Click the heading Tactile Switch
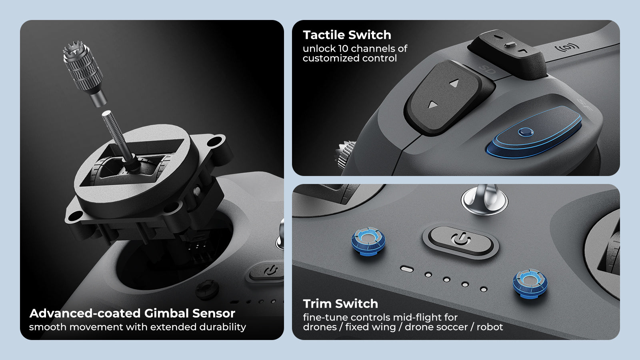[x=347, y=35]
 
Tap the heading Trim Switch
[x=340, y=304]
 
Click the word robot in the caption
[x=490, y=327]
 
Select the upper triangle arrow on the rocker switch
[x=454, y=83]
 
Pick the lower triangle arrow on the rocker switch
[x=433, y=105]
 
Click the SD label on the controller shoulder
[x=488, y=71]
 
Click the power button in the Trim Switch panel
[x=461, y=240]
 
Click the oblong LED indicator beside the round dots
[x=407, y=269]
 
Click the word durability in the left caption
[x=223, y=327]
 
